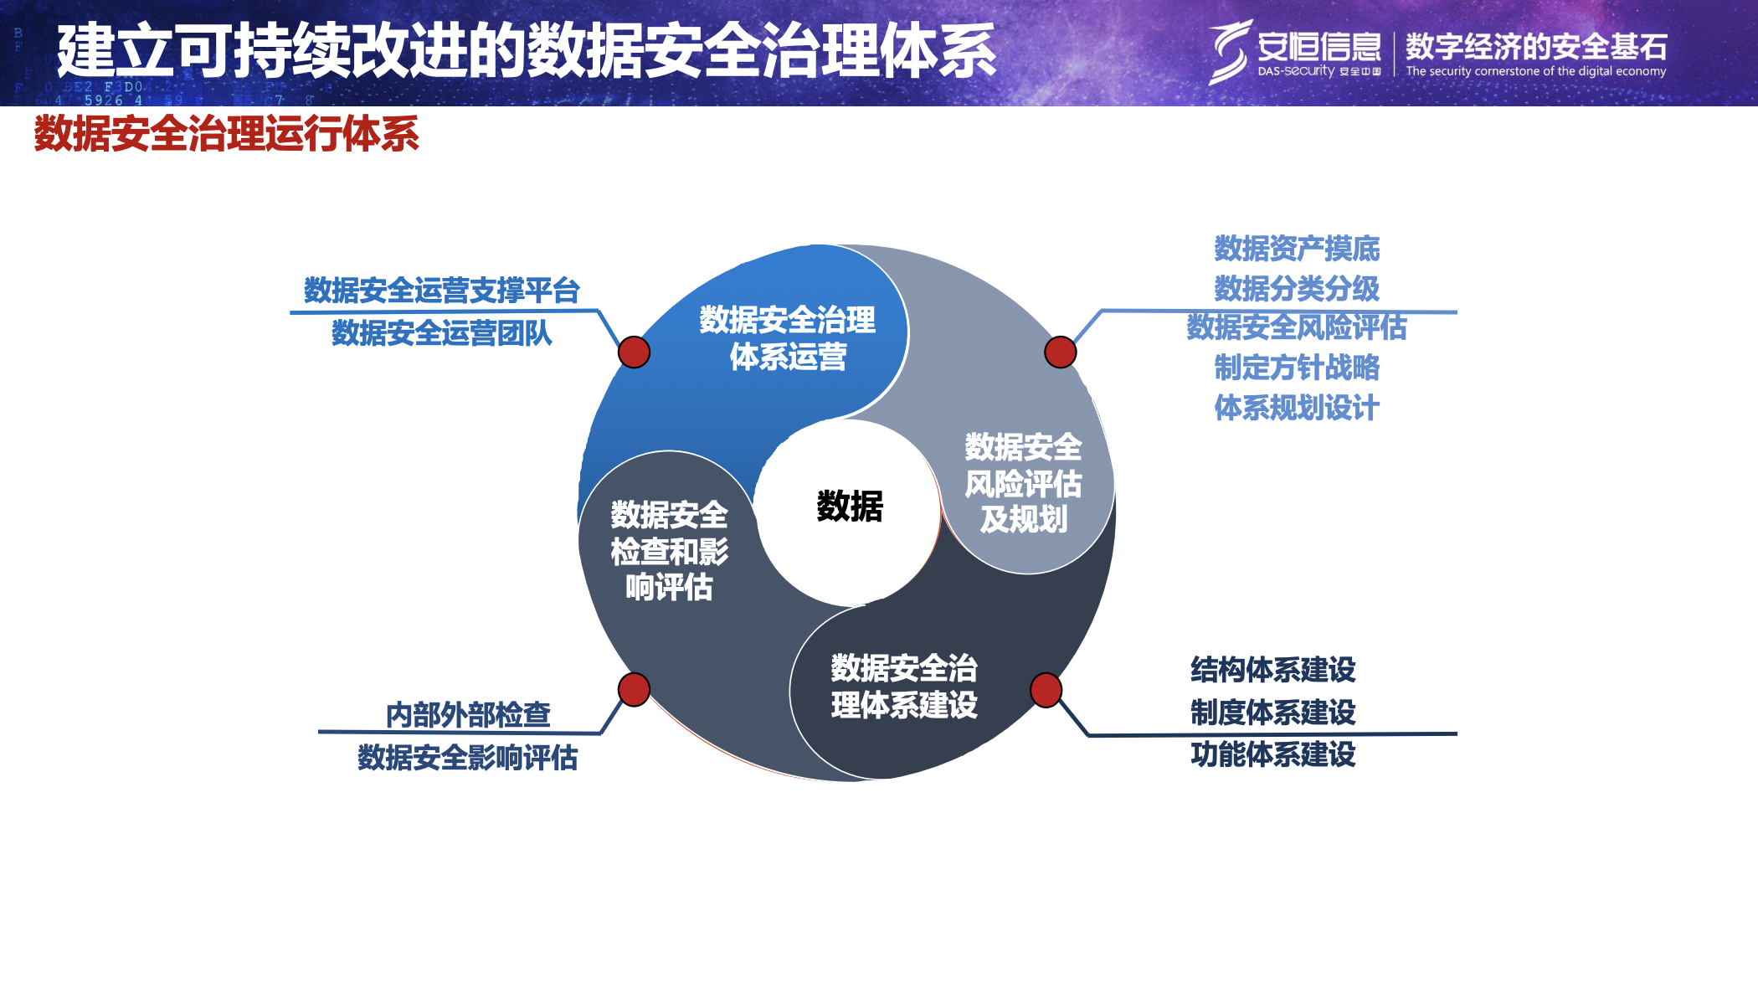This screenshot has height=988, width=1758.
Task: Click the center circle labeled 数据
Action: [x=849, y=507]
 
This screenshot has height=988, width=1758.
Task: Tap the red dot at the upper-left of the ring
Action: [x=634, y=352]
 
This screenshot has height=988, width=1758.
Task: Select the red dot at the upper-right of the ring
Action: [x=1060, y=352]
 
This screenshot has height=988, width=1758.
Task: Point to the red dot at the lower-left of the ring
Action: [x=634, y=689]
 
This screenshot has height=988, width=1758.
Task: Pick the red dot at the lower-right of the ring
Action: [x=1046, y=690]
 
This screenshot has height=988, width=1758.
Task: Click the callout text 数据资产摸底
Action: [x=1296, y=249]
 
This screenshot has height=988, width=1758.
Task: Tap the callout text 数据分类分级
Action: [x=1296, y=289]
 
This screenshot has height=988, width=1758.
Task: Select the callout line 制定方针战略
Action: [x=1296, y=368]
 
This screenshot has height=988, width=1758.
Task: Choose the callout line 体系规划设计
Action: [x=1296, y=408]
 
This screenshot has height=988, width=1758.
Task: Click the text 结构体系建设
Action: [x=1272, y=670]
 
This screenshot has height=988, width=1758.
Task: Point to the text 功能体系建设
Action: [x=1272, y=754]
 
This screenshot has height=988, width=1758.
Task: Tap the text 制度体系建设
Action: [x=1272, y=713]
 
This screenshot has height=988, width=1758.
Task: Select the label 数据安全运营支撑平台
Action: [x=441, y=291]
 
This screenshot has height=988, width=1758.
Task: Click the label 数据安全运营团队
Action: [x=441, y=333]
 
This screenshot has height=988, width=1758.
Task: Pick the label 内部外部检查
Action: [x=468, y=715]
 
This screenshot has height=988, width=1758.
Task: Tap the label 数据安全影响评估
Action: [x=467, y=758]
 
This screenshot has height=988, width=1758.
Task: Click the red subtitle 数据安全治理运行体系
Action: [x=226, y=134]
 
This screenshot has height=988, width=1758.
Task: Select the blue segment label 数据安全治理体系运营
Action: [x=787, y=338]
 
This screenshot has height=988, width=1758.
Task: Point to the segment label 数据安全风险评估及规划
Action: [x=1023, y=483]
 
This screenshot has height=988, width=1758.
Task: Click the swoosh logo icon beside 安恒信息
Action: [x=1229, y=52]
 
